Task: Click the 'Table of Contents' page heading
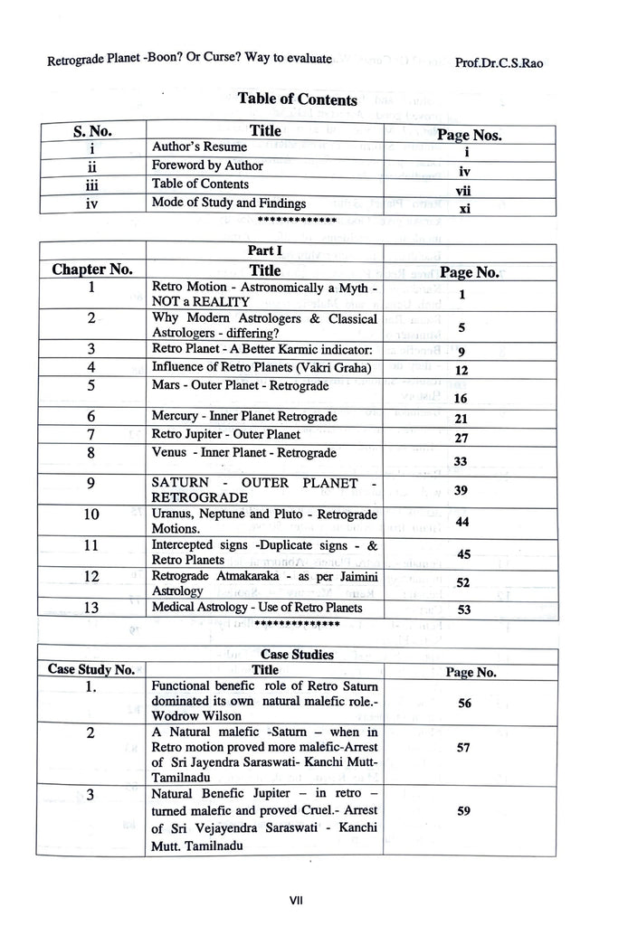pos(297,99)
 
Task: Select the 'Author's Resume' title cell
pos(199,146)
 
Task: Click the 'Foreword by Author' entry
pos(207,165)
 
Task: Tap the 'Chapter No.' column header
pos(92,269)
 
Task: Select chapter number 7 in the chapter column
pos(91,435)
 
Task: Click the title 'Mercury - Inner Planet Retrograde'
pos(244,417)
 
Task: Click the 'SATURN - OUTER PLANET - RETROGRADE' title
pos(265,490)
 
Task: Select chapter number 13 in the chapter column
pos(91,608)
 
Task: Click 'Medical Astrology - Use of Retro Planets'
pos(257,608)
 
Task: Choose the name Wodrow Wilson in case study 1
pos(192,716)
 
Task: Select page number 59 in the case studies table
pos(463,811)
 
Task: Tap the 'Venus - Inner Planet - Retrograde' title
pos(243,453)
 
